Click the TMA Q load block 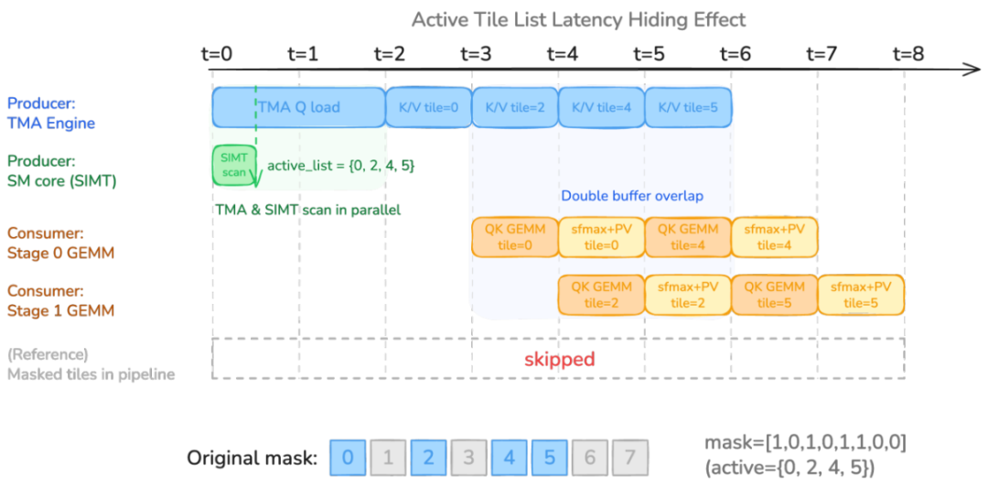coord(298,107)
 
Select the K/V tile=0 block coord(428,107)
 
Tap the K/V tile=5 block coord(688,107)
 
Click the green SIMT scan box coord(234,166)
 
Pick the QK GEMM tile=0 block coord(515,237)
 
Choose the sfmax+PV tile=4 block coord(775,237)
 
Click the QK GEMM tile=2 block coord(602,295)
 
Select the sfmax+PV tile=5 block coord(862,295)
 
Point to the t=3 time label coord(477,54)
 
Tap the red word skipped coord(559,359)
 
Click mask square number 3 coord(468,457)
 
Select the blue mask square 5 coord(550,457)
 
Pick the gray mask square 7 coord(630,457)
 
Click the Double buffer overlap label coord(632,196)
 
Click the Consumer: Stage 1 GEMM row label coord(45,301)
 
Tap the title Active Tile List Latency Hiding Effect coord(578,19)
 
